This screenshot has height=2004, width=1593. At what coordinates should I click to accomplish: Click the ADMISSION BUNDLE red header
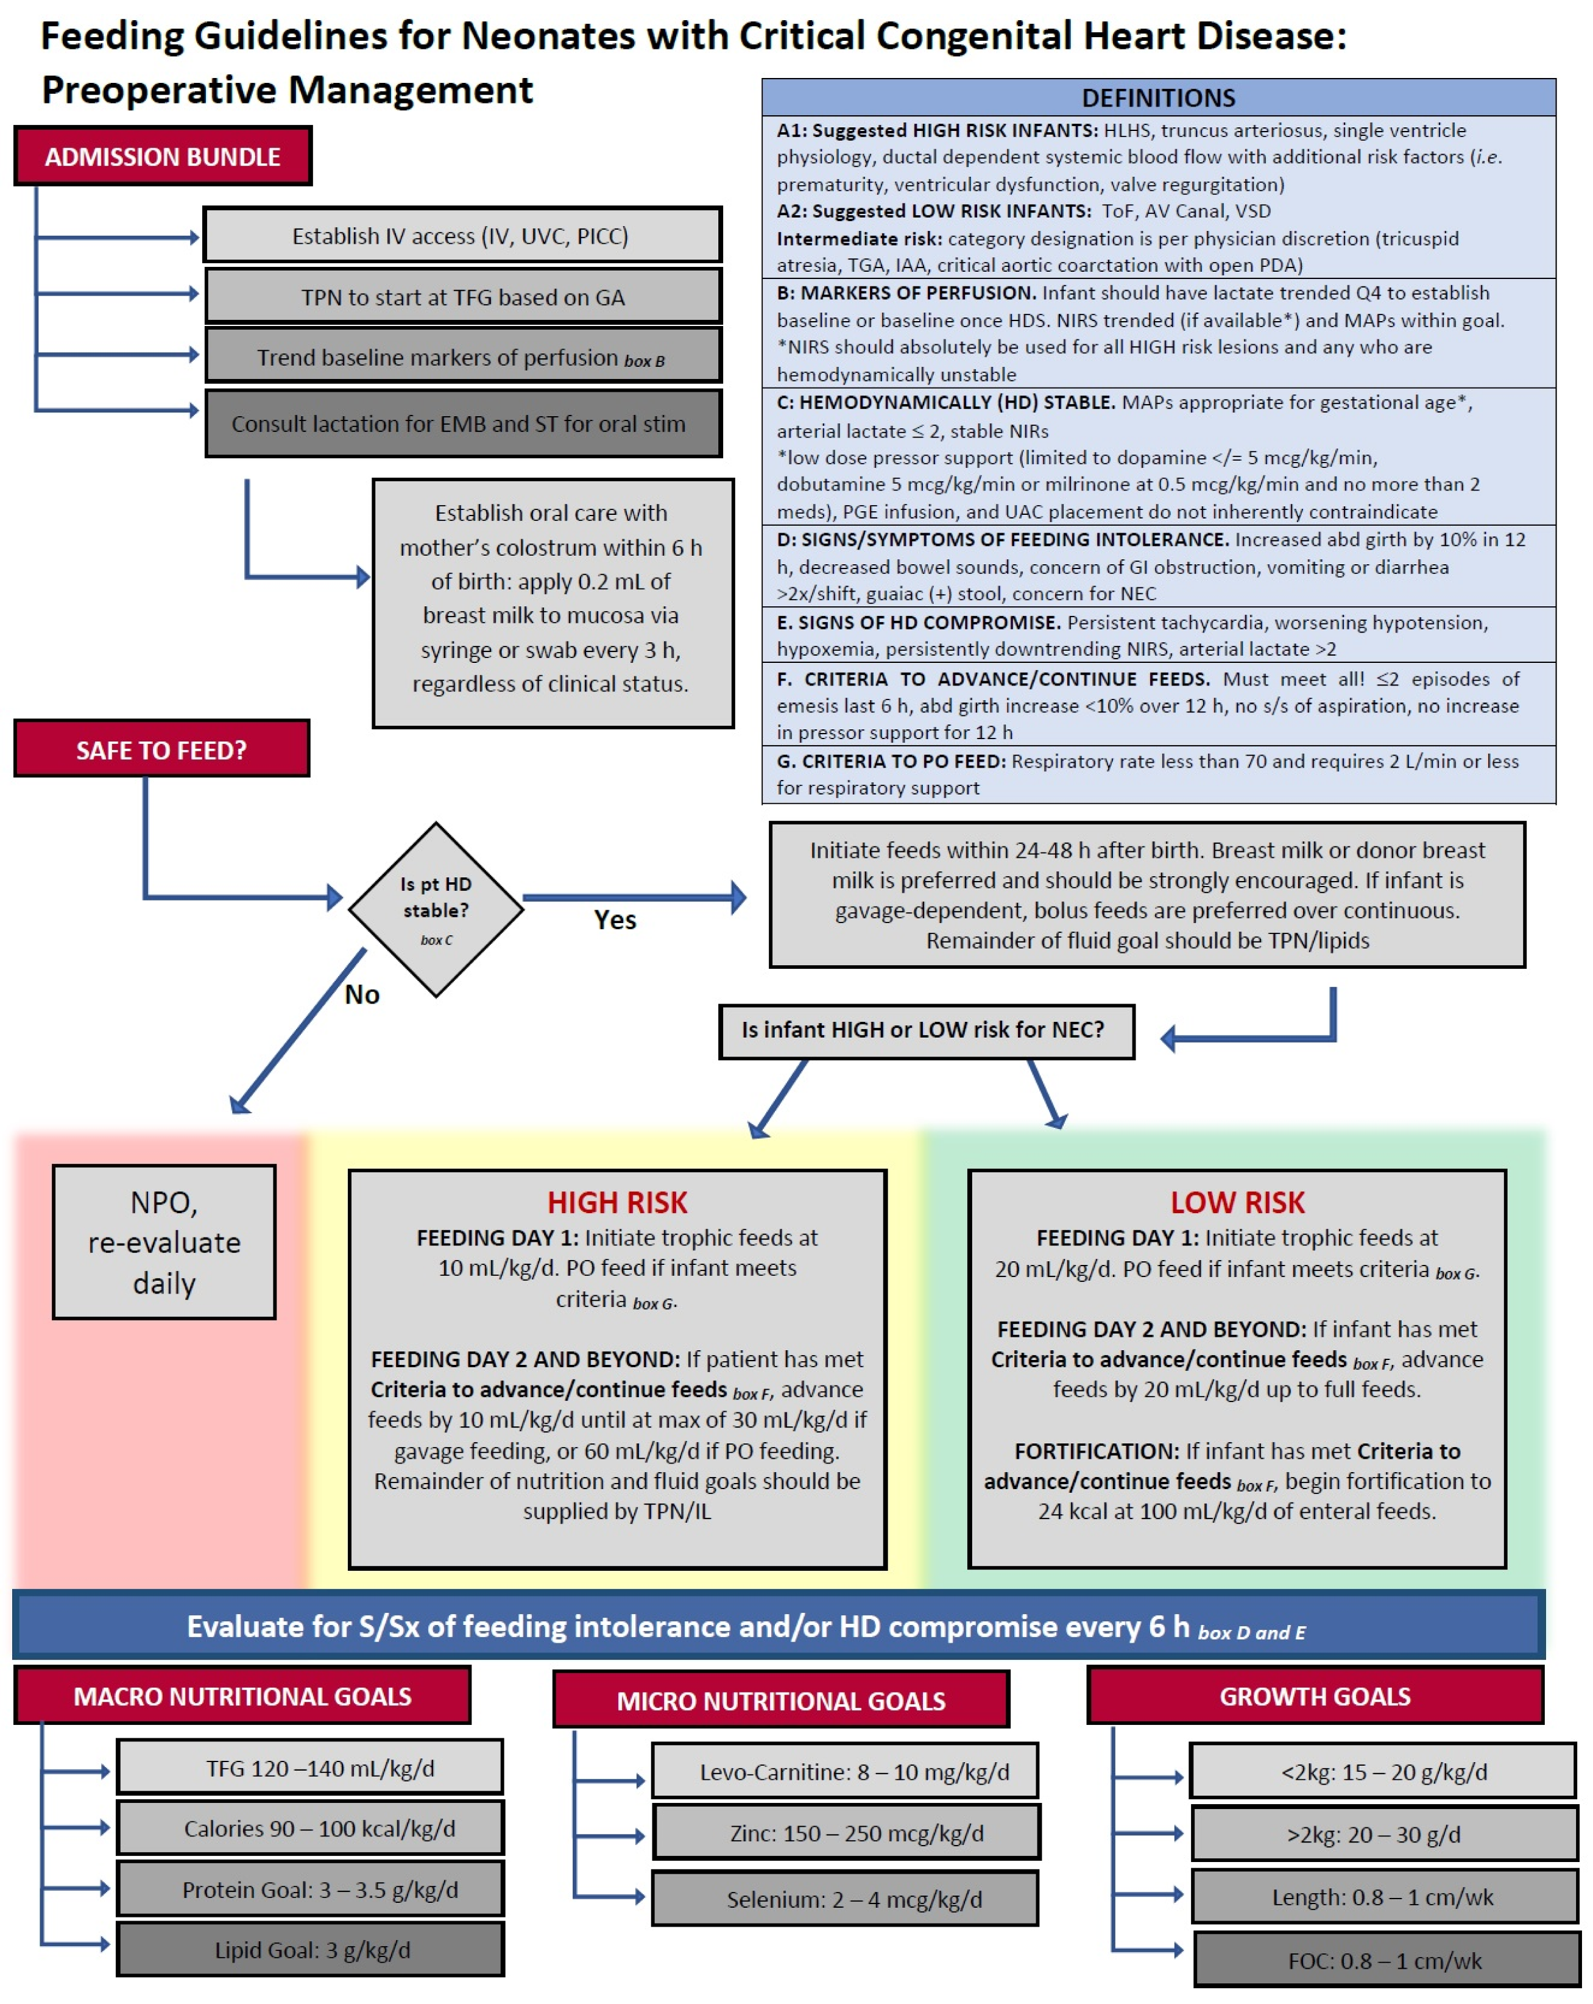[x=163, y=156]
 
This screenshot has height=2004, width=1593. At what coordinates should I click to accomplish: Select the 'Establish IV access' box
[x=462, y=235]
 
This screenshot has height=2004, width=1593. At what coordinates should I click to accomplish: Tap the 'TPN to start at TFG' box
[x=462, y=297]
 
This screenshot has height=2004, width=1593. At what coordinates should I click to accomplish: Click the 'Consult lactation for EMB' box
[x=462, y=424]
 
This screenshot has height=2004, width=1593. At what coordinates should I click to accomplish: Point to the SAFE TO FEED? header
[x=161, y=749]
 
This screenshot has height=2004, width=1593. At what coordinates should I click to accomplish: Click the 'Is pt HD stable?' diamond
[x=436, y=909]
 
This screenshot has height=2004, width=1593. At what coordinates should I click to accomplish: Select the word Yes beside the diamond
[x=614, y=919]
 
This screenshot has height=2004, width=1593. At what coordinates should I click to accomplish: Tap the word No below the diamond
[x=361, y=994]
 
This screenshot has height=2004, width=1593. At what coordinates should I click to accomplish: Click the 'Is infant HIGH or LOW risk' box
[x=926, y=1030]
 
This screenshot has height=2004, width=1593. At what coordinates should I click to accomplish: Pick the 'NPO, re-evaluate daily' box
[x=164, y=1242]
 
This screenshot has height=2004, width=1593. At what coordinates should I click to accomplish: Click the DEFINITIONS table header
[x=1158, y=97]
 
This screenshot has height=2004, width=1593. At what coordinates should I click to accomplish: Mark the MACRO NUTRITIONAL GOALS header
[x=242, y=1696]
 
